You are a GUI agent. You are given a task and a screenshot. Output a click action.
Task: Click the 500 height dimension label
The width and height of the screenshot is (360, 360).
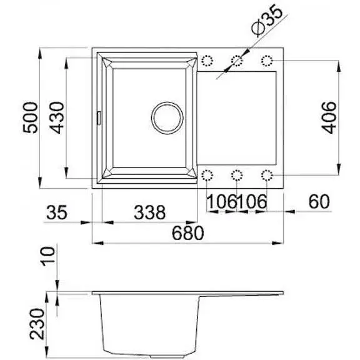(x=30, y=117)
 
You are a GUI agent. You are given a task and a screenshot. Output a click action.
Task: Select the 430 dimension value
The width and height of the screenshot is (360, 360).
(x=57, y=117)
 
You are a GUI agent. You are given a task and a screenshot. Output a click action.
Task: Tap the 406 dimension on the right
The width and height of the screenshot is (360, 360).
(x=329, y=117)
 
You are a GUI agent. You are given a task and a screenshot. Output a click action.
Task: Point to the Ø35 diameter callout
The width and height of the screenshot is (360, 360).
(x=267, y=20)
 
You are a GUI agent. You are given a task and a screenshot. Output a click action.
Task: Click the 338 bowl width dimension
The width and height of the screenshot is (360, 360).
(x=149, y=212)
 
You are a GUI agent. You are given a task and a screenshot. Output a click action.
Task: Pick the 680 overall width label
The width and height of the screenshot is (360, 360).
(x=187, y=232)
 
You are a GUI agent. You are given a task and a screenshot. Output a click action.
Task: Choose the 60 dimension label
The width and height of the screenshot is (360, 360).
(x=319, y=202)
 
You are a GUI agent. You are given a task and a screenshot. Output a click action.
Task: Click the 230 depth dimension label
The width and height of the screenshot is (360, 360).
(x=37, y=324)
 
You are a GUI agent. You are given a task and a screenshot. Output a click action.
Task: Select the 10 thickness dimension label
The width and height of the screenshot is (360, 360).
(x=48, y=256)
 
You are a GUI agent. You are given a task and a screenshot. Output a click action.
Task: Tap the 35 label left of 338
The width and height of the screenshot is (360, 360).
(x=57, y=212)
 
